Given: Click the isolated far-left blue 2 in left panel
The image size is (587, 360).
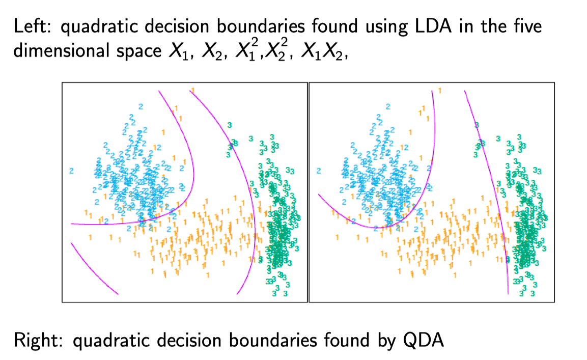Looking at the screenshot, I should (x=71, y=171).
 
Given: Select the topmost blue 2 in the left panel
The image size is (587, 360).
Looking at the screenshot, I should (x=141, y=106).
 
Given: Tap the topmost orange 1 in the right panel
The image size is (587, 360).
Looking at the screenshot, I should (x=439, y=90).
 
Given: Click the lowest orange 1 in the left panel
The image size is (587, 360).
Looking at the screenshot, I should (x=207, y=275).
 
